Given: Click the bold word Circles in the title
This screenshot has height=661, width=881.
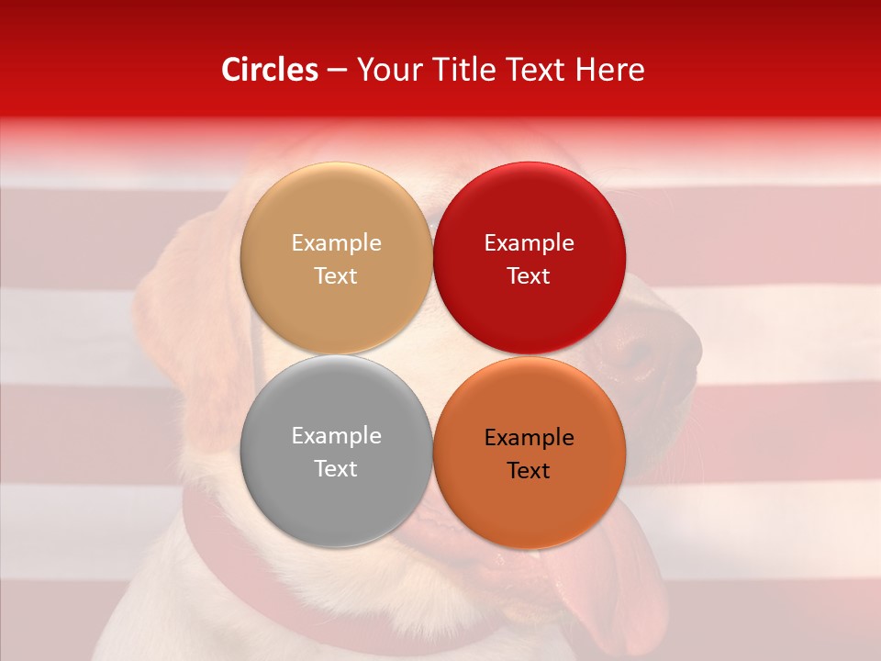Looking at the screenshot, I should coord(270,70).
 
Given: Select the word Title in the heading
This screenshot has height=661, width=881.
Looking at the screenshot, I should coord(463,70).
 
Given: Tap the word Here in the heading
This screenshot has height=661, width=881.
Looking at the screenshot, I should coord(608,70).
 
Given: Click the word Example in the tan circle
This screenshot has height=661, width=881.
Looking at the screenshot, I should coord(336,243).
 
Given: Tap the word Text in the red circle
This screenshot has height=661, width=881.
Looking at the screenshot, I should coord(529,275).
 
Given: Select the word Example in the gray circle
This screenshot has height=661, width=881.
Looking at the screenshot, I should coord(336,436).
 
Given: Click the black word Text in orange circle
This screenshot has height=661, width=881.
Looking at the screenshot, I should coord(529,470).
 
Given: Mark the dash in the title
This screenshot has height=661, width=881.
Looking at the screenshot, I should coord(337,70).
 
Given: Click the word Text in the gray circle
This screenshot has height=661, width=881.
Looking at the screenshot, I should coord(336,468).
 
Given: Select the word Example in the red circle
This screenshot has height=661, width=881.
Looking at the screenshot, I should coord(529,243).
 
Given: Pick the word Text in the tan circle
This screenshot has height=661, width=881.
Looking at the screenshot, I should coord(336,275).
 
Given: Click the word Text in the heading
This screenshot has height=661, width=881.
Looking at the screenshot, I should coord(539,70).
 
